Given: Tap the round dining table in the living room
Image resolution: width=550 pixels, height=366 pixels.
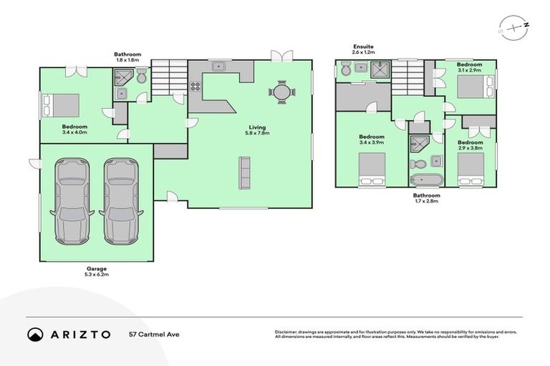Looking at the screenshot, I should coord(281,92).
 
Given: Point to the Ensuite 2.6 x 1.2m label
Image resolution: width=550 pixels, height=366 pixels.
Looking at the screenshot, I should coord(362,49).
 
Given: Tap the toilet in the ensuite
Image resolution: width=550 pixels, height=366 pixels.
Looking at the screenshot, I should coord(345,69).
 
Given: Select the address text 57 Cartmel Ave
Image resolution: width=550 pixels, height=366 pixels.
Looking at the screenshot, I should coord(153,334).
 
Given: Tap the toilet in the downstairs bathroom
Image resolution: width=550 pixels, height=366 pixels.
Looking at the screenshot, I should coord(141,76).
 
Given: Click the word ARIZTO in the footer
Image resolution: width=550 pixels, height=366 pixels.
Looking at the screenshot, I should coord(79,334).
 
